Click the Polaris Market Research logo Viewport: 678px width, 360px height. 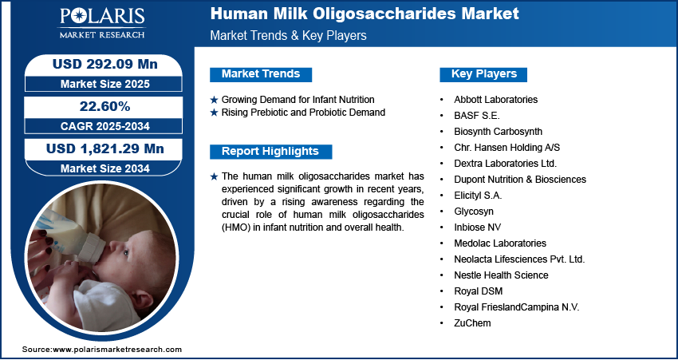(102, 23)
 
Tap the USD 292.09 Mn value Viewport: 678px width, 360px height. (105, 65)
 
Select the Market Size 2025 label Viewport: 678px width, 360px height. (105, 84)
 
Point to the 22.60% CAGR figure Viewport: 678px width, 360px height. (104, 106)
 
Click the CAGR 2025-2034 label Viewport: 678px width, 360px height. (105, 126)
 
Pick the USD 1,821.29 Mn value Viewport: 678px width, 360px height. (105, 148)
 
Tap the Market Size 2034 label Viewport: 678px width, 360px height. (105, 168)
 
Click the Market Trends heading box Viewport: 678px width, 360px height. (261, 74)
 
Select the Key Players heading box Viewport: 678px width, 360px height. (483, 74)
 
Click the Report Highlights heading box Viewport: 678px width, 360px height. (270, 152)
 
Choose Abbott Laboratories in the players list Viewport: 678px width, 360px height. (495, 100)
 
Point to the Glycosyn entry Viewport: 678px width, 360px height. (474, 212)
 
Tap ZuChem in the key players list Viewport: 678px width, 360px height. (472, 323)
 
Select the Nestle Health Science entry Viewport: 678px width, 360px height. (501, 275)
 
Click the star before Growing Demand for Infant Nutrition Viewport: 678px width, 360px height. (214, 100)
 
